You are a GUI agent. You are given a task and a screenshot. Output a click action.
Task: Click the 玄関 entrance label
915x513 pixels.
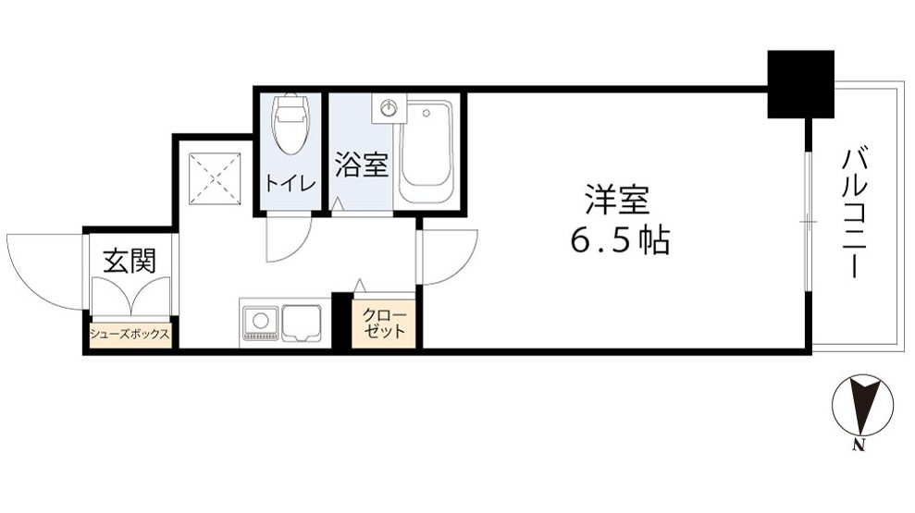pos(129,262)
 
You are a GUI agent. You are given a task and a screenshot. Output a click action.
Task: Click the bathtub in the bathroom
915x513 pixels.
pos(426,153)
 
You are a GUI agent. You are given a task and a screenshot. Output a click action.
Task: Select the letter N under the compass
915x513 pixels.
pos(859,448)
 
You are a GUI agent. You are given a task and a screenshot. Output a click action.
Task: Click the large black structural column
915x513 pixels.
pos(801,84)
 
